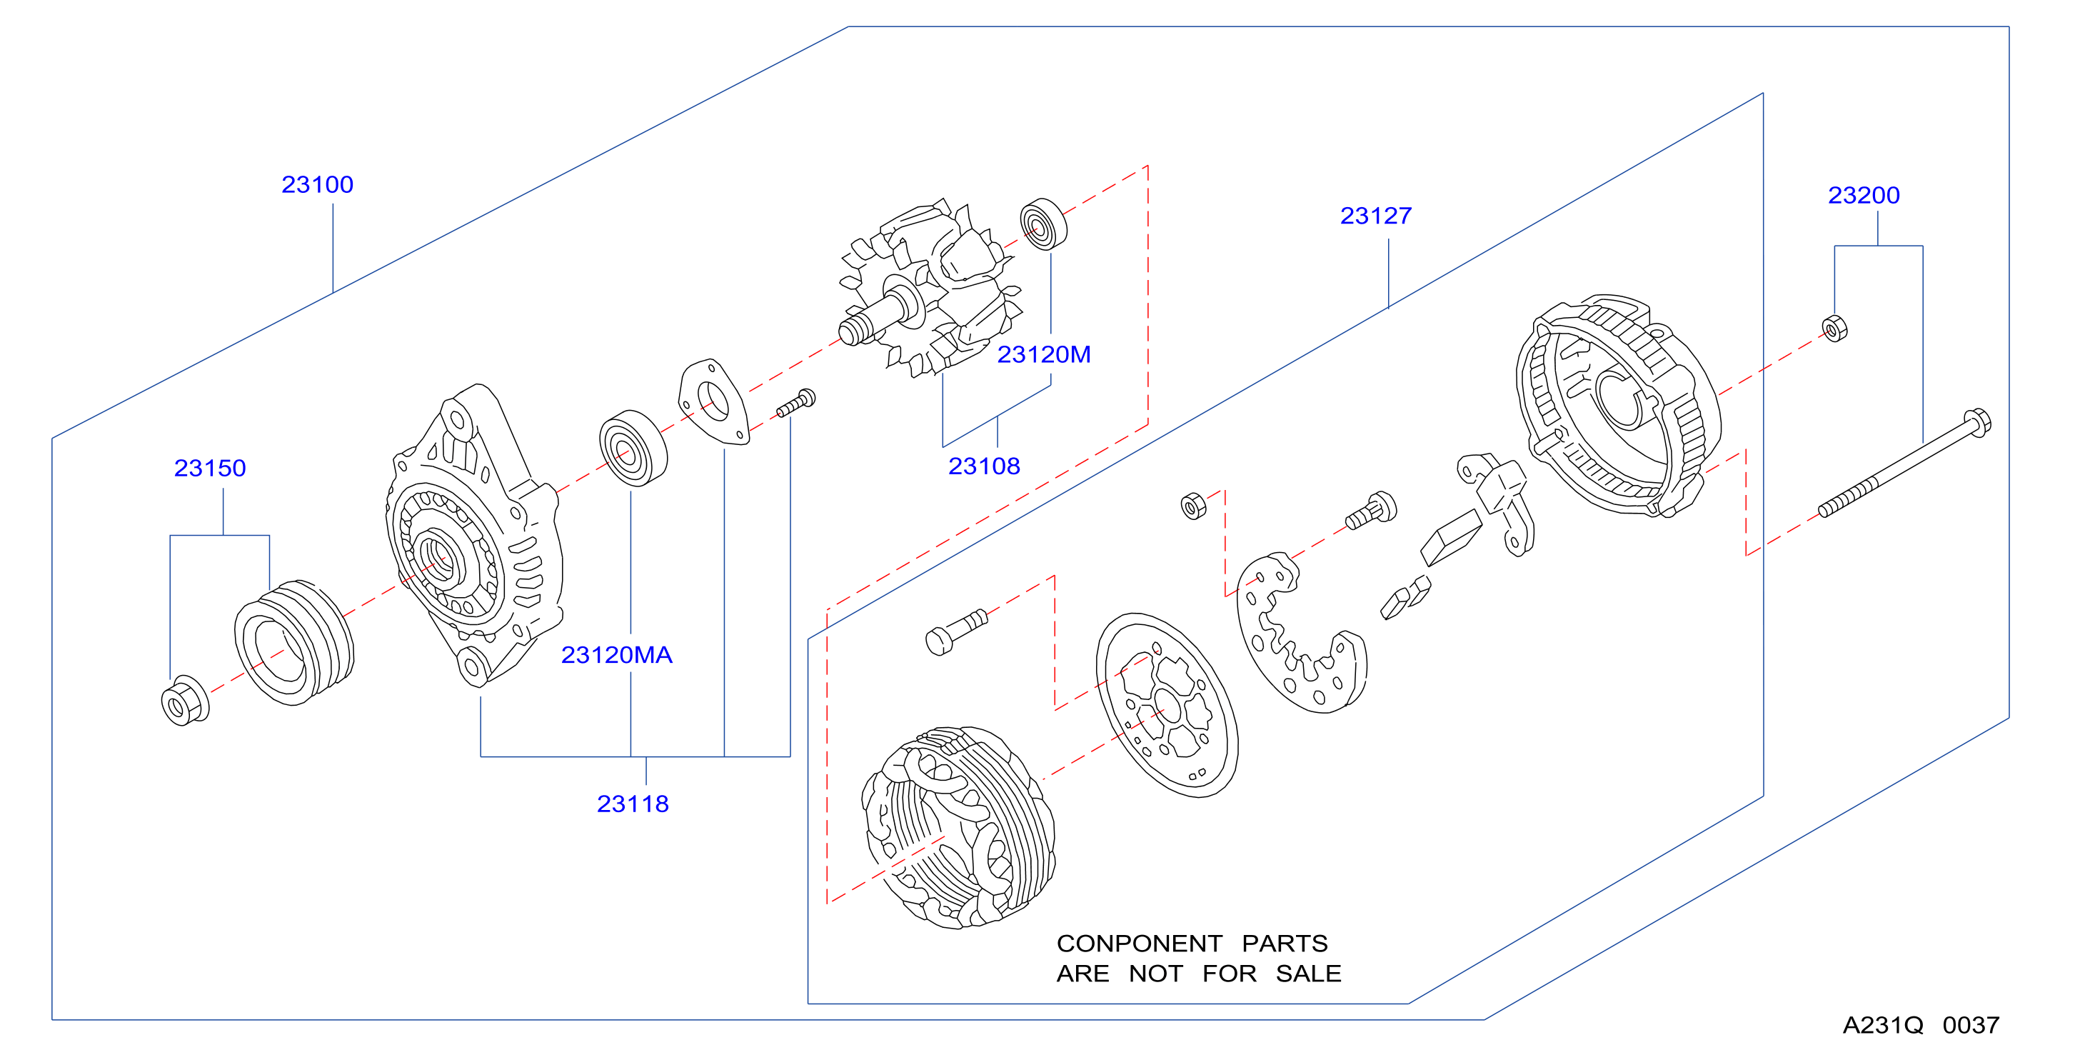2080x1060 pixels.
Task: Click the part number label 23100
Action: click(x=317, y=185)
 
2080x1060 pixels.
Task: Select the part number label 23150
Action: click(x=210, y=469)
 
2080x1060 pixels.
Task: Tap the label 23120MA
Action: click(x=617, y=655)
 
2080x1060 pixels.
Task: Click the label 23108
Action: click(x=984, y=466)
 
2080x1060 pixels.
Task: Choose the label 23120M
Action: click(x=1044, y=355)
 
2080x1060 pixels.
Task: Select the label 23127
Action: click(x=1376, y=216)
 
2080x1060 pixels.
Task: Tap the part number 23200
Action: click(x=1864, y=196)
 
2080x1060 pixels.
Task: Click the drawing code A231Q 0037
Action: click(x=1921, y=1025)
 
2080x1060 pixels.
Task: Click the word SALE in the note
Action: click(x=1308, y=974)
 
